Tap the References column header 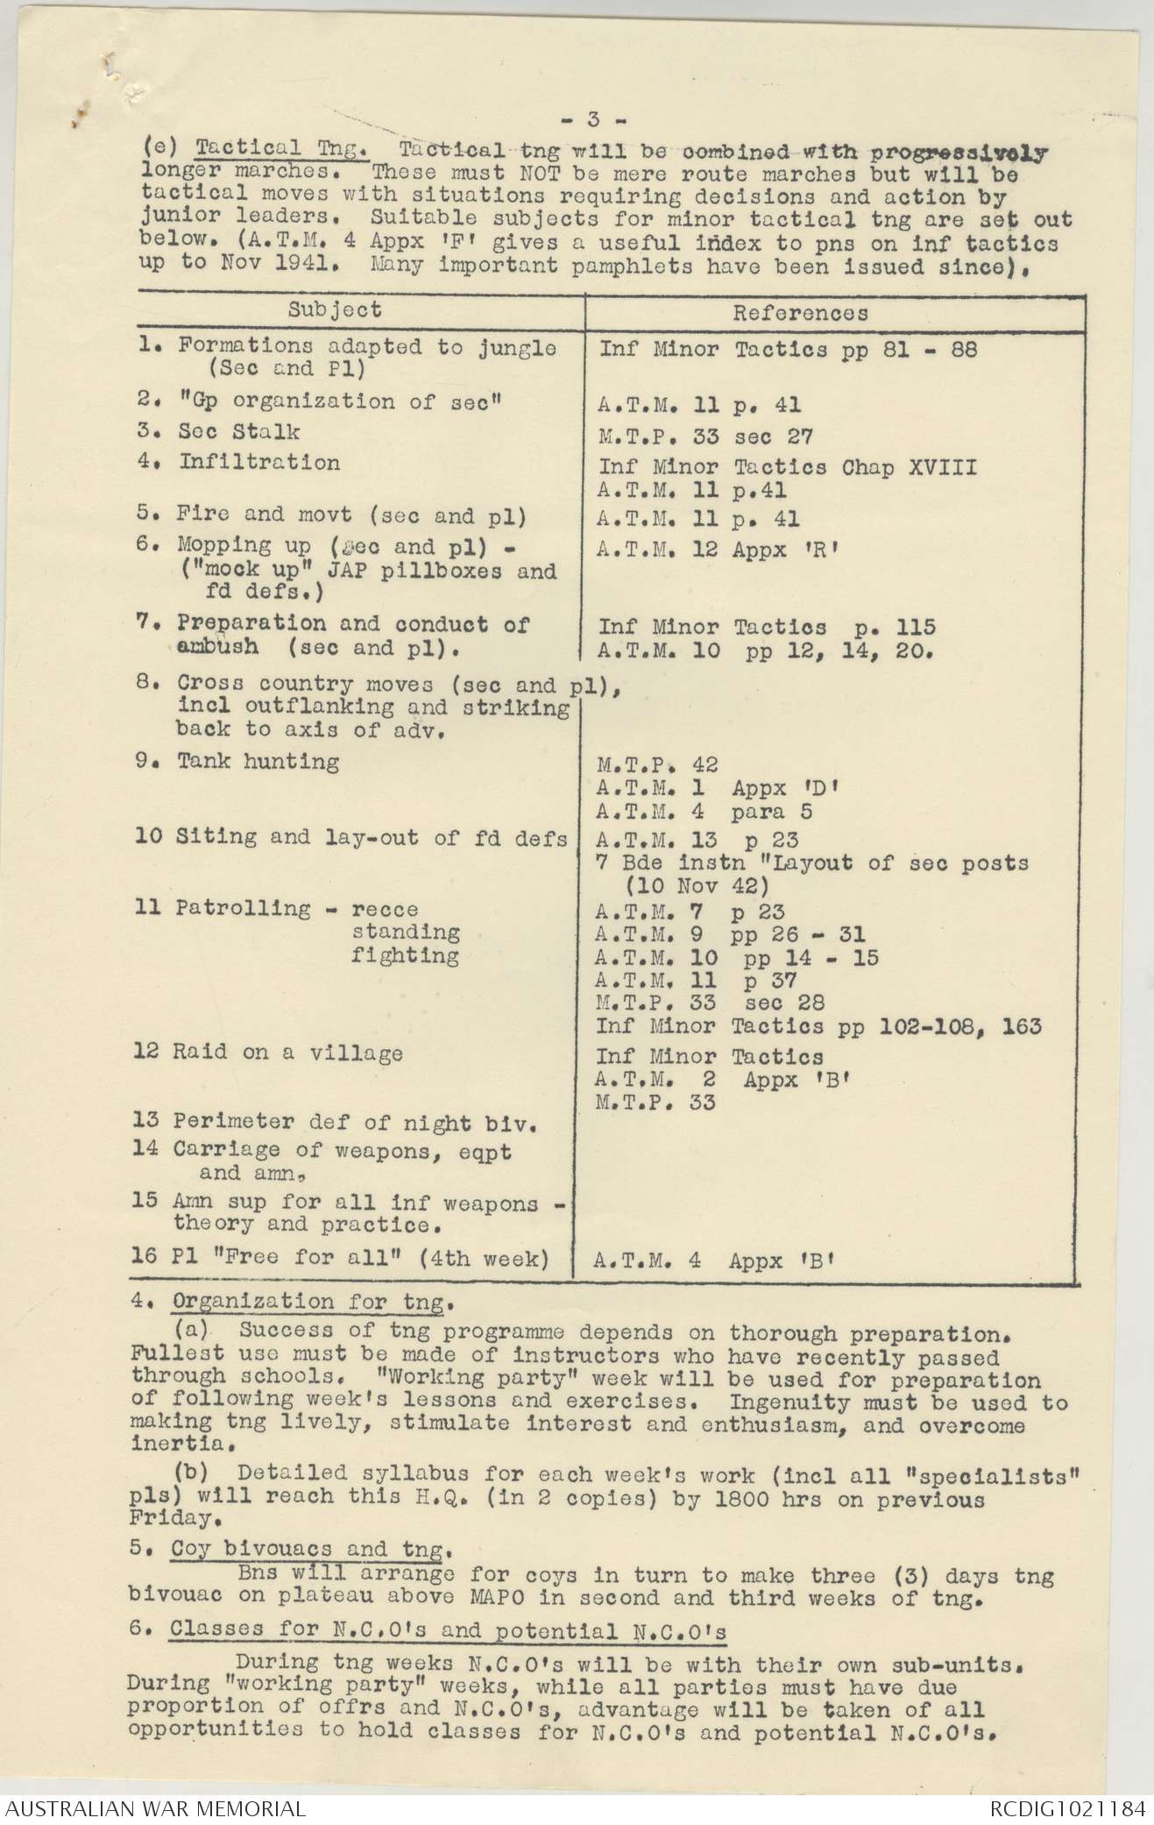[x=800, y=313]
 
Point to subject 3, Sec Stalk [x=238, y=431]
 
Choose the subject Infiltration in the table [x=259, y=462]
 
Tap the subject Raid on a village [x=287, y=1053]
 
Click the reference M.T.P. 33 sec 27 [x=705, y=436]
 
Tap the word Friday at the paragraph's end [x=170, y=1516]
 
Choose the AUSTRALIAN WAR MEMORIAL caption [x=155, y=1807]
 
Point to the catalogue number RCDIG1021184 [x=1067, y=1807]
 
